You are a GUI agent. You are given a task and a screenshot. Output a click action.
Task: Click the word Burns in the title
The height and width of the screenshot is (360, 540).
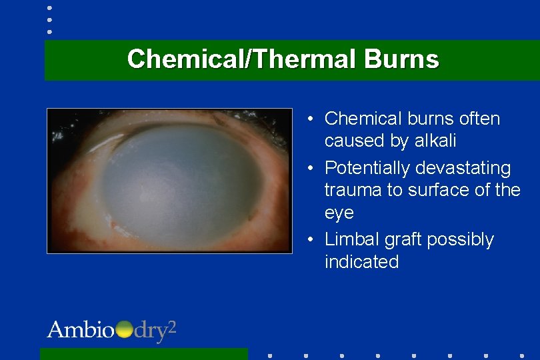(x=401, y=59)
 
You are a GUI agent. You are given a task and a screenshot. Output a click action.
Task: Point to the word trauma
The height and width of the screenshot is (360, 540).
(x=351, y=191)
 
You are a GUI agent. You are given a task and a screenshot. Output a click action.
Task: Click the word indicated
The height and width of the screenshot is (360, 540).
(x=361, y=262)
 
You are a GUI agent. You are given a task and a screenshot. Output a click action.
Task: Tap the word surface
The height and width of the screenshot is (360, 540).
(x=443, y=191)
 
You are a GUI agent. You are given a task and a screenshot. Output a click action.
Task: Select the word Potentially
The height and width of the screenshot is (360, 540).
(x=367, y=168)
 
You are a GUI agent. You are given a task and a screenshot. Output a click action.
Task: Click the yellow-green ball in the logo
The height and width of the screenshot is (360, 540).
(x=124, y=329)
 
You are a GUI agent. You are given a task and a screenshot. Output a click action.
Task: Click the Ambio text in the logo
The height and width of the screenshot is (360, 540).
(x=80, y=329)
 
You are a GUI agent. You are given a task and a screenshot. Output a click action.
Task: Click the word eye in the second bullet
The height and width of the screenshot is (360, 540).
(x=339, y=213)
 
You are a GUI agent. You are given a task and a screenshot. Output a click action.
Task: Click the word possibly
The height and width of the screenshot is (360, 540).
(x=459, y=239)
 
